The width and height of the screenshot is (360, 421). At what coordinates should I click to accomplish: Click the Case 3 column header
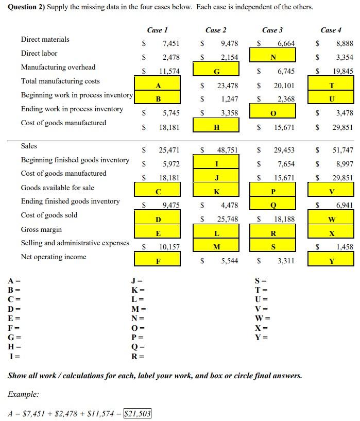click(x=272, y=30)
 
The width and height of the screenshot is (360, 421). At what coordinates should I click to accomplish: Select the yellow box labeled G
click(x=216, y=72)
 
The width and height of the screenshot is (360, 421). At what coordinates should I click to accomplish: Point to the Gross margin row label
click(x=41, y=229)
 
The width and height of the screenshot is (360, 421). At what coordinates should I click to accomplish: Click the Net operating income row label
click(x=54, y=257)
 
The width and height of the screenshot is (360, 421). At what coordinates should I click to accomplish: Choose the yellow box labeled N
click(x=272, y=57)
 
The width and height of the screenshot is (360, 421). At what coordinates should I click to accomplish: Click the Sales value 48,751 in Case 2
click(x=227, y=150)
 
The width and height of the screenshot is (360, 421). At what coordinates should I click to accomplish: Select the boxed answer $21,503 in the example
click(x=138, y=413)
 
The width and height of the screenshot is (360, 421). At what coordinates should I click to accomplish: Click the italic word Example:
click(x=23, y=394)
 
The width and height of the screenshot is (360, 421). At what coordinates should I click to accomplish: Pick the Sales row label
click(x=29, y=146)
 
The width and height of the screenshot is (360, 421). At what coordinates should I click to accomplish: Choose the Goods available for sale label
click(x=57, y=188)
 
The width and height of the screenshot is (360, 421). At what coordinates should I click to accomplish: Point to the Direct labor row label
click(x=39, y=53)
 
